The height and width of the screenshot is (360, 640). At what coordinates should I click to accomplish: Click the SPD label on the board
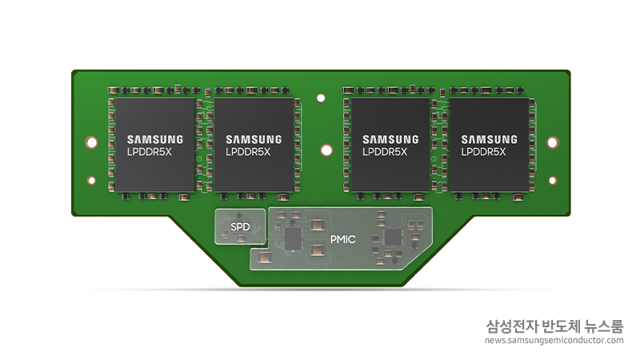(x=240, y=226)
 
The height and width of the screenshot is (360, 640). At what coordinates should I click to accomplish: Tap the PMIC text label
(x=343, y=239)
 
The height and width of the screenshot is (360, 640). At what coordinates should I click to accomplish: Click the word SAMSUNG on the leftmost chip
(x=155, y=139)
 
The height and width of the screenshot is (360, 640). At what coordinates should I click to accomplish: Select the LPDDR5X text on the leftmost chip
(x=150, y=152)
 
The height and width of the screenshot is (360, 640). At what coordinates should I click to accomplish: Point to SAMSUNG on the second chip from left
(x=254, y=139)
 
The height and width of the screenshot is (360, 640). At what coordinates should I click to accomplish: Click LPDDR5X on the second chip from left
(x=248, y=152)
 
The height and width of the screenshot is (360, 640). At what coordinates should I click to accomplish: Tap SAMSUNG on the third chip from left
(x=390, y=139)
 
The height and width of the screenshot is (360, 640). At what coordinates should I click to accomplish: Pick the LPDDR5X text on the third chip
(x=385, y=152)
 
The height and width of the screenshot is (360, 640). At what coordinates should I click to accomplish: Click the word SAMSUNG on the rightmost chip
(x=490, y=139)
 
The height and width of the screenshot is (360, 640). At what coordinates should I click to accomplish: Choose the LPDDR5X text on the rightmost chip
(x=484, y=152)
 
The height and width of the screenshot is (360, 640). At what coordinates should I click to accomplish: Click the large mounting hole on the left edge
(x=91, y=142)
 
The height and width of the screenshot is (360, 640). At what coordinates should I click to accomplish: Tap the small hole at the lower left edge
(x=91, y=180)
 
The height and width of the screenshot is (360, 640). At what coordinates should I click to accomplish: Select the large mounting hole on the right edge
(x=552, y=142)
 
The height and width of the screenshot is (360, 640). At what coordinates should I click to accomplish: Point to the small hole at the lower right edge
(x=553, y=180)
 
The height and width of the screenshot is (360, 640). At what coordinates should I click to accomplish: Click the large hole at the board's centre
(x=326, y=150)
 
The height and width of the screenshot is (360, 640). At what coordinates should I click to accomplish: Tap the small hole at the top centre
(x=321, y=98)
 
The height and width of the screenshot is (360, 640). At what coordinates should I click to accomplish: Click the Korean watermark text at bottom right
(x=554, y=326)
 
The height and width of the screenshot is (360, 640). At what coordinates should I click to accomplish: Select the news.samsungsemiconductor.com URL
(x=554, y=340)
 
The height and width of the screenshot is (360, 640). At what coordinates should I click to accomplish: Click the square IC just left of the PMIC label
(x=293, y=238)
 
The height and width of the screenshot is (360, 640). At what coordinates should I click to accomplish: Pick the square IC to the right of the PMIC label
(x=393, y=238)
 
